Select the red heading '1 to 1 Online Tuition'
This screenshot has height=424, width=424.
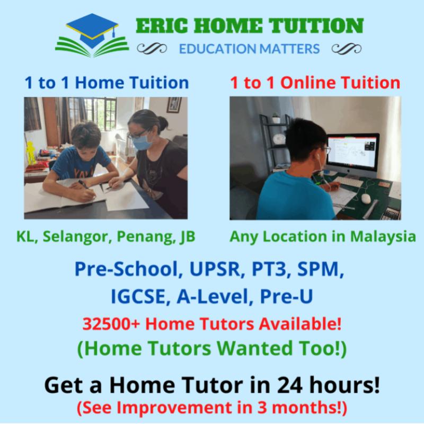click(x=315, y=83)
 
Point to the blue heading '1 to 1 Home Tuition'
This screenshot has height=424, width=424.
click(x=107, y=83)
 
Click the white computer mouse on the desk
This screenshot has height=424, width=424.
click(x=366, y=198)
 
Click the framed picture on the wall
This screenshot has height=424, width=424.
click(x=174, y=104)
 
